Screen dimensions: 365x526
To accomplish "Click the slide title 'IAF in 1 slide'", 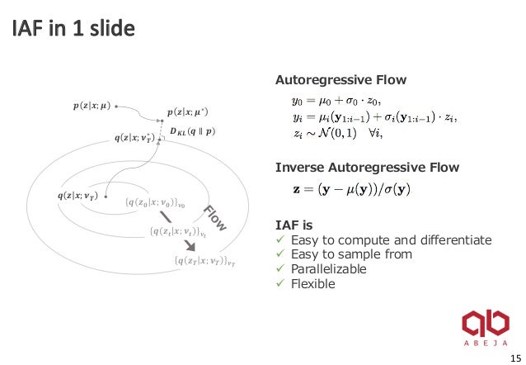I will point(73,31).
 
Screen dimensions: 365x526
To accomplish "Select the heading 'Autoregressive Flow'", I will point(341,80).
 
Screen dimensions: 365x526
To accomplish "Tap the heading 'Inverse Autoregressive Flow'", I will point(366,168).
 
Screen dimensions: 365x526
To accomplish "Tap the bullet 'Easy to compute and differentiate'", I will point(391,240).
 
